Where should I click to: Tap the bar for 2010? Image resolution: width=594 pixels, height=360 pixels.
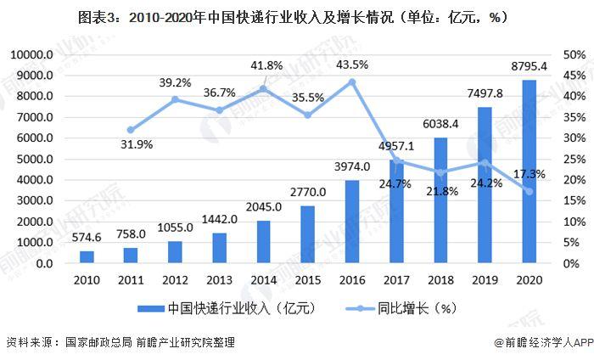(x=87, y=257)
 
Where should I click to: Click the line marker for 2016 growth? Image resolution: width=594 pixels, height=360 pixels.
(x=352, y=82)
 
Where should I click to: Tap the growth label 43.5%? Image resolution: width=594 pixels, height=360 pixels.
(x=352, y=65)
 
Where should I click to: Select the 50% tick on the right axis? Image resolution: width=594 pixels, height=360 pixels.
(x=573, y=55)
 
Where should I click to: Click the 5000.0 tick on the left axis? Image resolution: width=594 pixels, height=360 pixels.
(x=35, y=159)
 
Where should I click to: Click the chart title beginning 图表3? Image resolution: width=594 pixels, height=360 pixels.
(x=296, y=17)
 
